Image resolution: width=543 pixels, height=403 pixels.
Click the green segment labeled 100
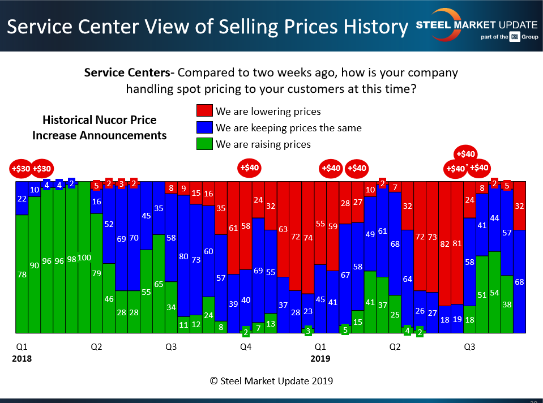click(x=84, y=257)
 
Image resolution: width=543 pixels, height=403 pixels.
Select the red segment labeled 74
click(x=307, y=238)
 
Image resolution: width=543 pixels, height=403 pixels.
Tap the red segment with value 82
click(x=445, y=243)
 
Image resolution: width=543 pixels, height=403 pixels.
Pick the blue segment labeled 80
click(x=183, y=256)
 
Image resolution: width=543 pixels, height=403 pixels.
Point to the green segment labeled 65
click(x=159, y=284)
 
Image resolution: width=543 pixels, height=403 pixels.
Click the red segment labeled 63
click(x=283, y=229)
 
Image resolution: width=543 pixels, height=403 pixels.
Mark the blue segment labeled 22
click(x=22, y=198)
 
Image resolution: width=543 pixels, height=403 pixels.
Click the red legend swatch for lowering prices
click(x=204, y=111)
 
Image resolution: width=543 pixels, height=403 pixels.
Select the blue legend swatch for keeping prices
click(x=204, y=127)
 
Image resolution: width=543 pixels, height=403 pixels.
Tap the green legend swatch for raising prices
click(x=204, y=144)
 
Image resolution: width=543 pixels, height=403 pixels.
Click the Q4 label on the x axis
click(x=245, y=346)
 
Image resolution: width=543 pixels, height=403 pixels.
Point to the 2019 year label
click(x=320, y=358)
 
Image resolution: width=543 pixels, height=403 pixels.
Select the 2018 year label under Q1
click(x=22, y=358)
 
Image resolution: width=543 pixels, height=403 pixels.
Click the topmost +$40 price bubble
click(x=466, y=153)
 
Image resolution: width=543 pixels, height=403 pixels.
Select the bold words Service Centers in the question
click(x=127, y=73)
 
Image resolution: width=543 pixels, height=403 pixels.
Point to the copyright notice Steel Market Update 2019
click(x=271, y=381)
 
